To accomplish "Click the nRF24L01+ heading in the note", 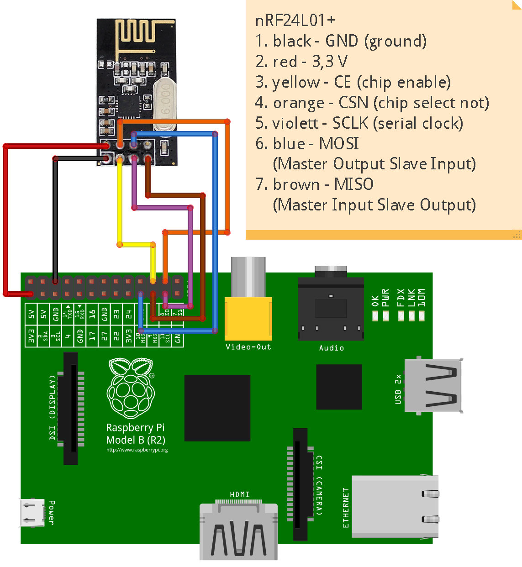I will (x=295, y=21).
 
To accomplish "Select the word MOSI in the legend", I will (x=338, y=144).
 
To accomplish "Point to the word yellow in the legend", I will (x=295, y=83).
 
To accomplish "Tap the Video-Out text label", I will (x=248, y=347).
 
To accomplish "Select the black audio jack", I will (x=331, y=308).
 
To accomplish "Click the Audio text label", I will (x=331, y=348).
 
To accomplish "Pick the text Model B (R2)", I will (x=135, y=440).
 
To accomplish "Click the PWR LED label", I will (x=385, y=297).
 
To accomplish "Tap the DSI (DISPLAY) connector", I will (x=71, y=408).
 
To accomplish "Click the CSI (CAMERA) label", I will (x=319, y=485).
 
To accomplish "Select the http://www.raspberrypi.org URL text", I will (x=137, y=450).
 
